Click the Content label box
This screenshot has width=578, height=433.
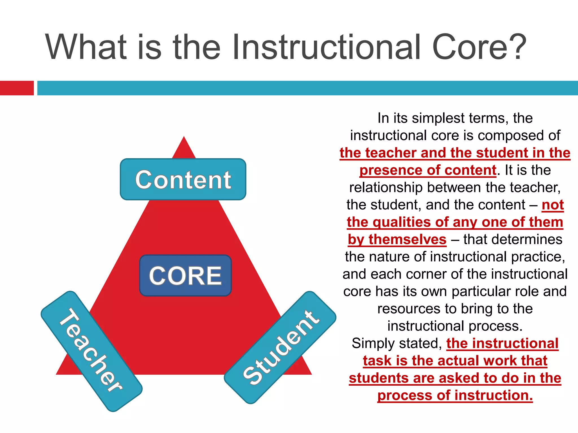pyautogui.click(x=183, y=180)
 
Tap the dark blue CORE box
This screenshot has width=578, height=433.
pyautogui.click(x=185, y=275)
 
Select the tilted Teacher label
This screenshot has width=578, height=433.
pyautogui.click(x=91, y=351)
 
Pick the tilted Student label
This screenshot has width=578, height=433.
pyautogui.click(x=280, y=347)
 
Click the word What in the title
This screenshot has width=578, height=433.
pyautogui.click(x=86, y=47)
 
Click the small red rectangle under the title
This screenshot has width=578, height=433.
pyautogui.click(x=17, y=88)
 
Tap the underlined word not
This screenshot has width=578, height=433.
pyautogui.click(x=553, y=205)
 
